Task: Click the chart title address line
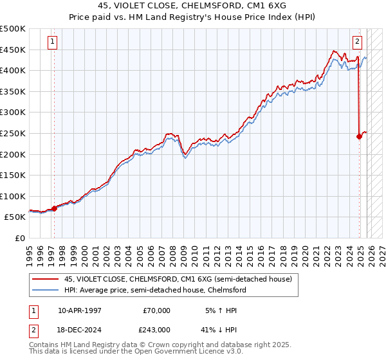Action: click(193, 6)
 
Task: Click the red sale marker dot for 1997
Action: click(54, 208)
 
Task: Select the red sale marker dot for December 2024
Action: click(359, 136)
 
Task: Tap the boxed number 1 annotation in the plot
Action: click(52, 42)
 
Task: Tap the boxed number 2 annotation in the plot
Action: click(357, 42)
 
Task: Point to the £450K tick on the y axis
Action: click(13, 50)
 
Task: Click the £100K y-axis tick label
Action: click(13, 196)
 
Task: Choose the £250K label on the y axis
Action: click(13, 133)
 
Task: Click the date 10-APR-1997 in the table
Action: click(79, 310)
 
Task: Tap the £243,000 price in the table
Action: click(156, 329)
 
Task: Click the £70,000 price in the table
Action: click(156, 310)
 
